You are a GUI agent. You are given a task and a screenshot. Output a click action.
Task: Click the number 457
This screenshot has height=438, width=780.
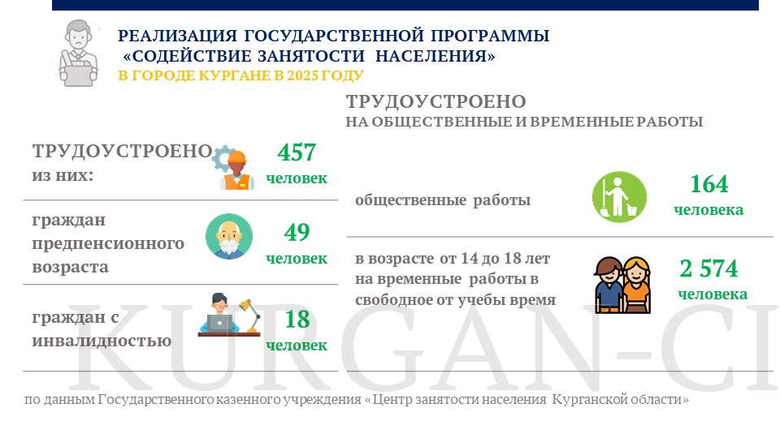click(297, 152)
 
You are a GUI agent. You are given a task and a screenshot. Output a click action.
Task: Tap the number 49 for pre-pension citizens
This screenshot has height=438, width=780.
click(297, 232)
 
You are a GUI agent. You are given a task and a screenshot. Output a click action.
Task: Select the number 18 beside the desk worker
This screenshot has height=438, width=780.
click(297, 319)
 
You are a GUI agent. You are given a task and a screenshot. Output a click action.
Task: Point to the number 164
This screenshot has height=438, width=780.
click(709, 184)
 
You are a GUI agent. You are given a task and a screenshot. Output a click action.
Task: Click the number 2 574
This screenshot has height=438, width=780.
click(708, 268)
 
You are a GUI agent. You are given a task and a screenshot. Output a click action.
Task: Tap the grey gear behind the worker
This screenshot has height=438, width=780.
click(222, 158)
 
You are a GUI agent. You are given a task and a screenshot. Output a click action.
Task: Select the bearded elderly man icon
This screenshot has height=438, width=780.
click(229, 236)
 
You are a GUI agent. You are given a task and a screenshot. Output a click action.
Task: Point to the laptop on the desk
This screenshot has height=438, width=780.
click(219, 324)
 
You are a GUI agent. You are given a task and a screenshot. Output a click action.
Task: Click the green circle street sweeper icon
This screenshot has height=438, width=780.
click(619, 196)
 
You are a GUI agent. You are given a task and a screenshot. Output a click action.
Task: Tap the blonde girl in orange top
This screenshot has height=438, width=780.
click(637, 285)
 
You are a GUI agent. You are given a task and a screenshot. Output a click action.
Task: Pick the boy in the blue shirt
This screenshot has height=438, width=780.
click(609, 285)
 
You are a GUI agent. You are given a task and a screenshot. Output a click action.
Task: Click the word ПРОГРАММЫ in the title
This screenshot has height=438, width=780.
click(490, 36)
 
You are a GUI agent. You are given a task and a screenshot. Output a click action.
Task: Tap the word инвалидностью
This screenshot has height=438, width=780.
click(102, 341)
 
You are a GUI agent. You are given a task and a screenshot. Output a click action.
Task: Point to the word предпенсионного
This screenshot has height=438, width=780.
click(108, 244)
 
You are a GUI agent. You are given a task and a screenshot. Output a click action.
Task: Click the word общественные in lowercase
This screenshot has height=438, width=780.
click(411, 200)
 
